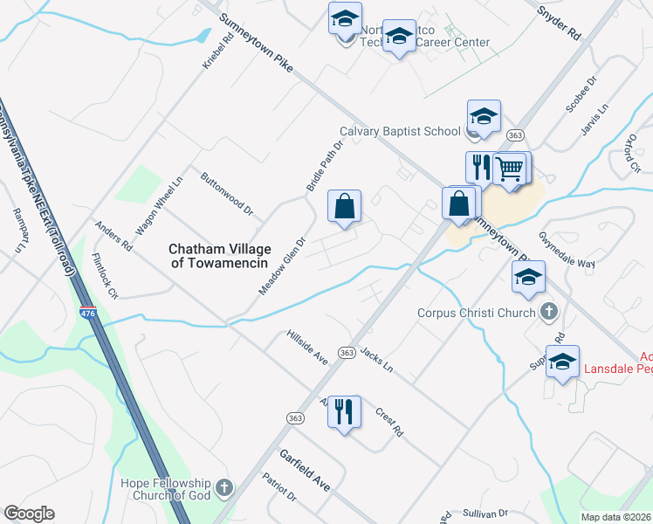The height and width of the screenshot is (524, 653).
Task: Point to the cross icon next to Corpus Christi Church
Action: (549, 310)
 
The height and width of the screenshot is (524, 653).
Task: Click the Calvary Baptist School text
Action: (399, 131)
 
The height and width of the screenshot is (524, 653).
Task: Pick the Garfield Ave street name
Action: (305, 470)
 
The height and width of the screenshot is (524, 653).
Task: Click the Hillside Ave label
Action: (306, 348)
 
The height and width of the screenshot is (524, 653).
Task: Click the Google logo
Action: (29, 514)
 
